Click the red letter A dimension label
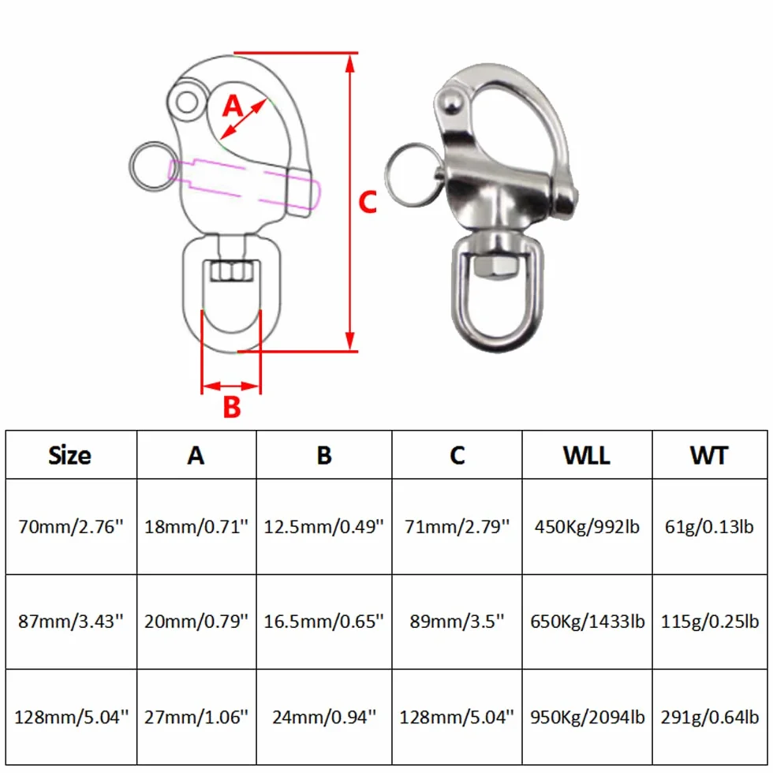point(233,106)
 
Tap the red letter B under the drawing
point(232,407)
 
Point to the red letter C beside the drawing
point(368,202)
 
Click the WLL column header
point(587,455)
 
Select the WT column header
point(709,455)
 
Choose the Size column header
point(69,455)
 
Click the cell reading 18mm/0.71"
point(196,527)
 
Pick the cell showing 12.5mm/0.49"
point(323,527)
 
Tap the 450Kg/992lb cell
point(587,527)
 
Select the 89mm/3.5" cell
point(457,622)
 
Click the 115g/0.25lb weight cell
point(709,622)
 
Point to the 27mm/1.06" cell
point(196,717)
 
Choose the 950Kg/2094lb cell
point(587,717)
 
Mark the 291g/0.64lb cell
point(709,717)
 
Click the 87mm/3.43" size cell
point(70,622)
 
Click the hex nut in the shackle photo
point(495,267)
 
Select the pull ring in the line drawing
point(135,167)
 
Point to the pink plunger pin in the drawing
point(244,182)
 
